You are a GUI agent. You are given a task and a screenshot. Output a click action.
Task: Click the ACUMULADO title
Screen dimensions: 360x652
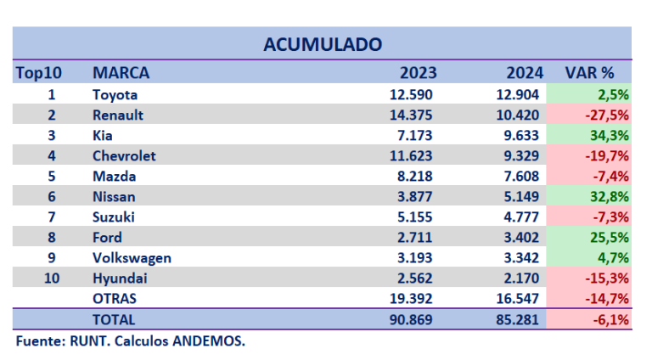(x=322, y=43)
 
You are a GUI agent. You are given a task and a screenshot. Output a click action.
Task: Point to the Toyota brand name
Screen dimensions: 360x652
(x=115, y=94)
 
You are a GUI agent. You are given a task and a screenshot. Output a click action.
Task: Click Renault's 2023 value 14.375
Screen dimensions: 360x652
(x=411, y=115)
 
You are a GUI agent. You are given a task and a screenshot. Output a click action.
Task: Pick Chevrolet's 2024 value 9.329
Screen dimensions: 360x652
(x=518, y=155)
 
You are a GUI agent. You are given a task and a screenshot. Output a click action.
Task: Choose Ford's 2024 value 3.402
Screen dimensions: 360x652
(x=518, y=238)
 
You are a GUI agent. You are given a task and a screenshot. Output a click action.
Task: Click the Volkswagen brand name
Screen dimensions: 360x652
(x=132, y=258)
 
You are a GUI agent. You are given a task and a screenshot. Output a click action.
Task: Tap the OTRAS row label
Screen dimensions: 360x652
(x=115, y=299)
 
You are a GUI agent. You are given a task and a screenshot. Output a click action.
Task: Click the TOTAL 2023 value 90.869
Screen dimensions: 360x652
(x=411, y=319)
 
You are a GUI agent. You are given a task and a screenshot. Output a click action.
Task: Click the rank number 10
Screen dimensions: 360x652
(x=52, y=278)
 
